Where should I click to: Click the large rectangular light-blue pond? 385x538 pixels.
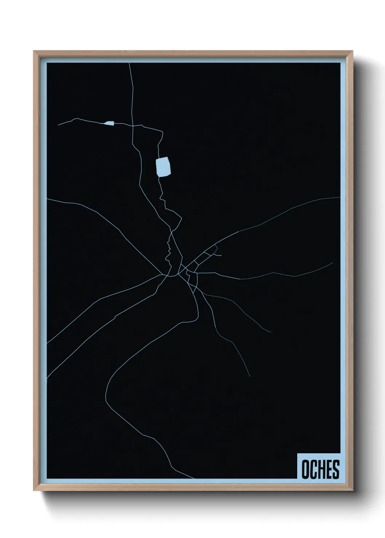tap(163, 166)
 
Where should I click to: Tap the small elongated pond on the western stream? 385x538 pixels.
tap(109, 123)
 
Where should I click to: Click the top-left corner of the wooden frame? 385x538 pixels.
tap(34, 51)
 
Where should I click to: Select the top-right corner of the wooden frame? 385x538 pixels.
tap(353, 51)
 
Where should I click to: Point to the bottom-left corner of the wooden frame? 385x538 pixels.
tap(34, 491)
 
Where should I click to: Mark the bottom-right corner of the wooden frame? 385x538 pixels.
tap(353, 491)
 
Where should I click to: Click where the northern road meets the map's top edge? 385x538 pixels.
tap(129, 63)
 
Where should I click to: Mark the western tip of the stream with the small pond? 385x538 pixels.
tap(58, 125)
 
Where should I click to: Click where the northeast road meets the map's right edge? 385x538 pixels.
tap(340, 197)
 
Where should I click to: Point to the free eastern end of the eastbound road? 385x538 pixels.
tap(333, 262)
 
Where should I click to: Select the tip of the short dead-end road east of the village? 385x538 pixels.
tap(221, 255)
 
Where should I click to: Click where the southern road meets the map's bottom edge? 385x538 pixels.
tap(194, 478)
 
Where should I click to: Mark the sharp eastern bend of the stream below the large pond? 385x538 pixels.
tap(181, 218)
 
